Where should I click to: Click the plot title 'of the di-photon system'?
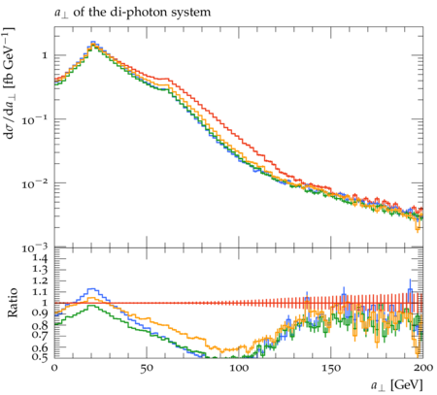(142, 13)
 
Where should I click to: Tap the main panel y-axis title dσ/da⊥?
(9, 83)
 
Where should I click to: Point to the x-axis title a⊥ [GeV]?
(397, 385)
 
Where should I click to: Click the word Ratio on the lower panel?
(13, 303)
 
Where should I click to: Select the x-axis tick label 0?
(54, 368)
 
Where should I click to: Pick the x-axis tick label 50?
(147, 368)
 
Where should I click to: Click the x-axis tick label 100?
(239, 368)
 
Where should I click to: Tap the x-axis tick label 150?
(331, 368)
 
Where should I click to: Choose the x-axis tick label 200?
(423, 368)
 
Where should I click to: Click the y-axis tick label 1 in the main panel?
(45, 55)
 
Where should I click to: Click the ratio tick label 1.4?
(40, 258)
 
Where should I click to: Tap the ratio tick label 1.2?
(40, 280)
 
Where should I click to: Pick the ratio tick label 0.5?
(40, 357)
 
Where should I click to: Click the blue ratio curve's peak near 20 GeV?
(92, 288)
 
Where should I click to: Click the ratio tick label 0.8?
(40, 325)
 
